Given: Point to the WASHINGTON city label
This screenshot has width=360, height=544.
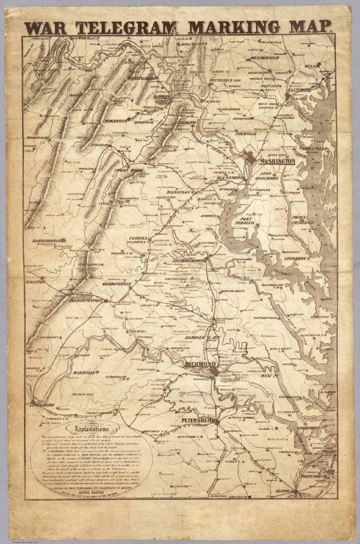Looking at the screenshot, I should pyautogui.click(x=277, y=160).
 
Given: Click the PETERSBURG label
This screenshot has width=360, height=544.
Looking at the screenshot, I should pyautogui.click(x=197, y=421).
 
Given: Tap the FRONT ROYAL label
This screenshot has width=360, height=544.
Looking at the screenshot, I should pyautogui.click(x=128, y=171).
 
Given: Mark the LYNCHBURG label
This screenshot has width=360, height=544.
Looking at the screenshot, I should pyautogui.click(x=42, y=405).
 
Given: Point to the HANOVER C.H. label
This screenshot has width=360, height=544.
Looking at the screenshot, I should pyautogui.click(x=202, y=337).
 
